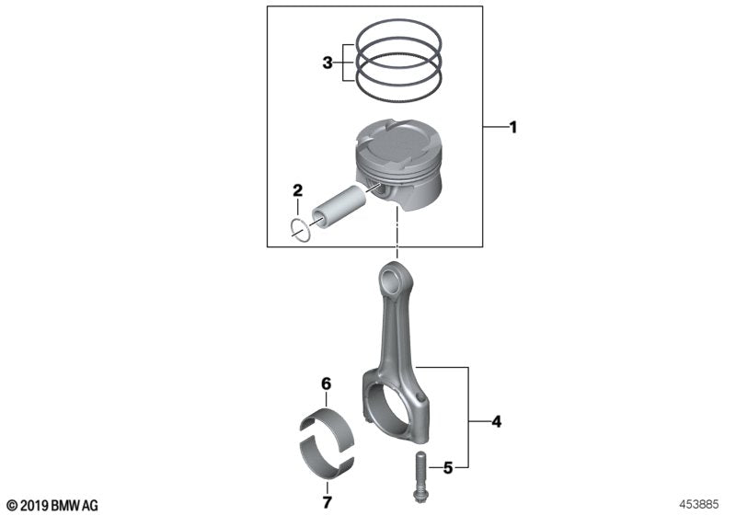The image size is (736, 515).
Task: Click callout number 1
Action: [512, 128]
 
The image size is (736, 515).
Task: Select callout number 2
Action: [297, 191]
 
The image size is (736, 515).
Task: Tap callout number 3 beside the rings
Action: [327, 63]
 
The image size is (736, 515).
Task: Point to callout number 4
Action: [496, 422]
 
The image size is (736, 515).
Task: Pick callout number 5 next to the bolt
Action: [448, 468]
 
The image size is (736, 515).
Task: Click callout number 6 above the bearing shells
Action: [325, 383]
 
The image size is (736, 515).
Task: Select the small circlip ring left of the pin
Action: [300, 229]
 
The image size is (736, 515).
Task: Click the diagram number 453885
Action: [702, 504]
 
